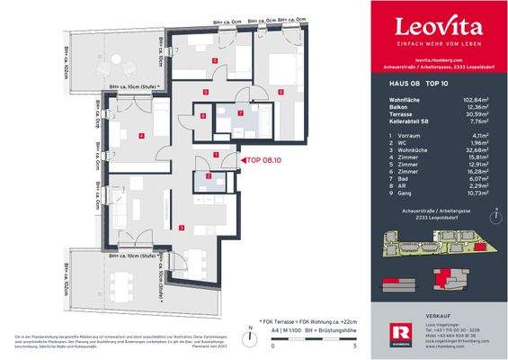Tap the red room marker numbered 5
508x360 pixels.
point(214,61)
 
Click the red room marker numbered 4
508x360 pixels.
point(141,135)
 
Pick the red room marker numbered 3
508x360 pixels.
point(183,228)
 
